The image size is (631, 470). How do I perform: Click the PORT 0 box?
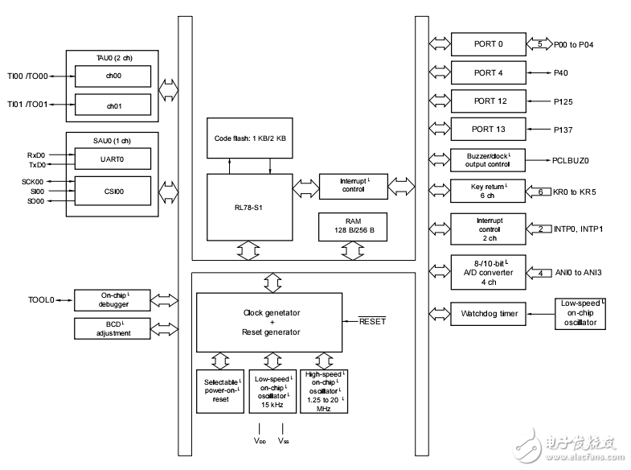(488, 43)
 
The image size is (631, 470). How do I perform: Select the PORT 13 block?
(488, 129)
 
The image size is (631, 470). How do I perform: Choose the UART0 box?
(113, 159)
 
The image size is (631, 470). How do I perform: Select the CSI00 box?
(113, 192)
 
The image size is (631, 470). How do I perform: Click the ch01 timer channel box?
(113, 105)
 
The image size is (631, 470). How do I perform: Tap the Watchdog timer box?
(488, 312)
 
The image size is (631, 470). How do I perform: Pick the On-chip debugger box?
(113, 299)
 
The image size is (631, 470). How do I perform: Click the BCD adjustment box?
(113, 328)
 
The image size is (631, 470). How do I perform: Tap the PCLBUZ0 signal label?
(571, 160)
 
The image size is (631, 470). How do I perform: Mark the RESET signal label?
(372, 321)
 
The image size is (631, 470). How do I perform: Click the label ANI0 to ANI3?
(578, 273)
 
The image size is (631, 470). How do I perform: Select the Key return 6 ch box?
(488, 192)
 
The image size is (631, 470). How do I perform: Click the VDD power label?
(260, 441)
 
